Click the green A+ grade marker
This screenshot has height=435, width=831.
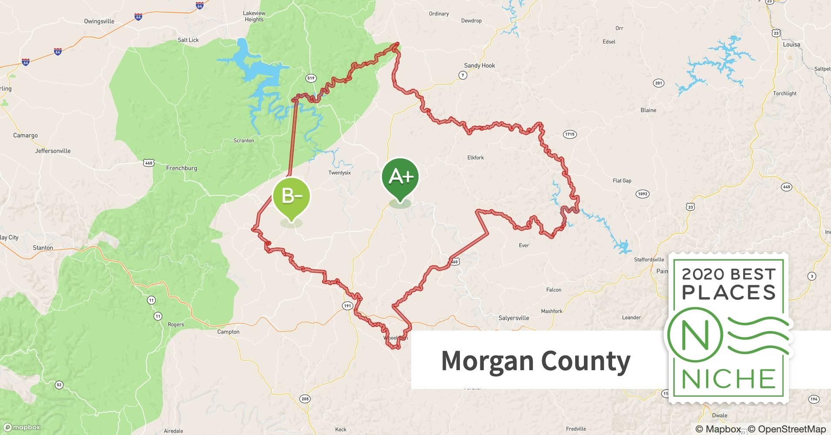pos(400,177)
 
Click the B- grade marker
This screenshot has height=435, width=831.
pos(292,196)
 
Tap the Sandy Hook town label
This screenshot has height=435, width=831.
pos(479,66)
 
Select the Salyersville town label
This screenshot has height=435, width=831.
pos(513,318)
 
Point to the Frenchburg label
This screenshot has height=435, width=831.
pos(181,168)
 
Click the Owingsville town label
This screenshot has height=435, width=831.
pos(99,21)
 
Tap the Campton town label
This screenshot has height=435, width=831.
pos(228,332)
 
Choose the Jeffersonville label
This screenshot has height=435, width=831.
pos(53,151)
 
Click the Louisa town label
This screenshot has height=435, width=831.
pos(791,44)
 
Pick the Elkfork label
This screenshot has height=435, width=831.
pos(476,157)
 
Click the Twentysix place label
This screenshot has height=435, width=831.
pos(339,173)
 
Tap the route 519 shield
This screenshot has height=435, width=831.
pos(311,78)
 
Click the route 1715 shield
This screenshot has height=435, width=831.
pos(570,134)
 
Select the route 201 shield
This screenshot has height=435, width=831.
pos(659,83)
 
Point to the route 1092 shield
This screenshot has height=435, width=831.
pos(642,194)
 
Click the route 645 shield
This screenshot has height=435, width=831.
pos(786,187)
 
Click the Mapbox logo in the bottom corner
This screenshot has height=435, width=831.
pos(22,427)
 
